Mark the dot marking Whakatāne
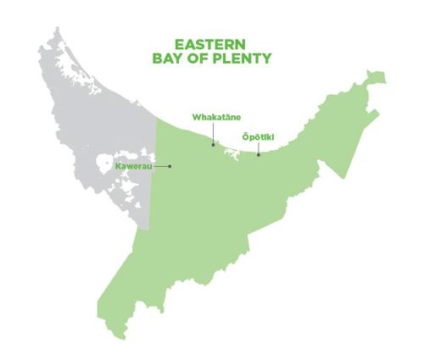214,144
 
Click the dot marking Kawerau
170,166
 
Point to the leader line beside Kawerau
164,166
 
